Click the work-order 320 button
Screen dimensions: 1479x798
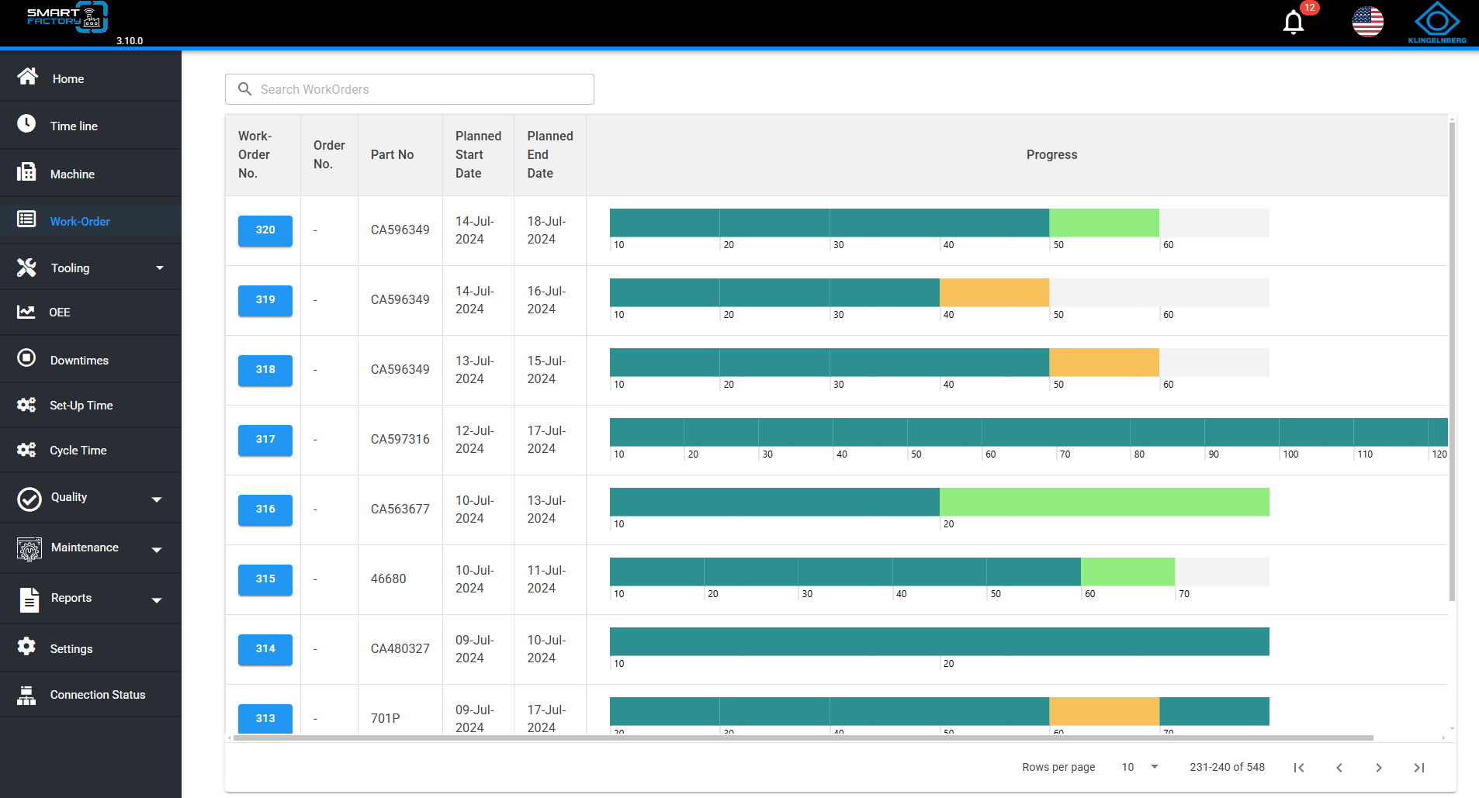(265, 230)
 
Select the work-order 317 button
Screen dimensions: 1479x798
(265, 440)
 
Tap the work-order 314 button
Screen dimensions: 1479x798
(265, 649)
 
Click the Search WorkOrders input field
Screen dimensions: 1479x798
(410, 89)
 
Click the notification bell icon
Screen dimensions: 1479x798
(1294, 22)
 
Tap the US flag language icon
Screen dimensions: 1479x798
(1367, 22)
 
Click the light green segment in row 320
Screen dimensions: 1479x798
(1104, 223)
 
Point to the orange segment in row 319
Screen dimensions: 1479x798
(994, 292)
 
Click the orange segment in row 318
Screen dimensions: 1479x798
(1104, 362)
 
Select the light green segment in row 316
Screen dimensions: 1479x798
(1104, 502)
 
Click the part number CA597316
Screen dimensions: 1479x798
(400, 440)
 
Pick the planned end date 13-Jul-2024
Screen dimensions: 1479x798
(546, 510)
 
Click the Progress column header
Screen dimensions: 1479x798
(1051, 155)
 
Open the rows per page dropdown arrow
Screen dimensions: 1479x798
(1155, 767)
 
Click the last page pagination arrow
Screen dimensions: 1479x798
(1419, 768)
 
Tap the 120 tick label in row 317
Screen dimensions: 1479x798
(1439, 454)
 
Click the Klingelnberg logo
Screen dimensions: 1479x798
(1437, 22)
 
